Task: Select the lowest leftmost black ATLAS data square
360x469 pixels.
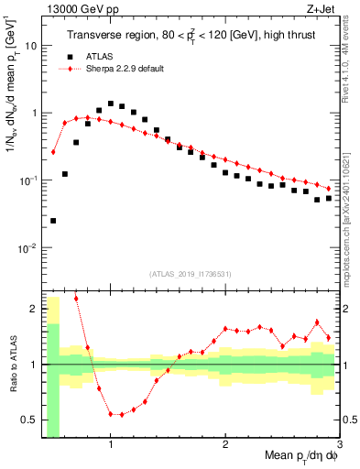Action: click(x=53, y=221)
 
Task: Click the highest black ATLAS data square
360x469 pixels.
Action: click(x=111, y=104)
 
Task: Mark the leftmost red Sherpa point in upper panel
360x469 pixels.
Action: click(x=53, y=152)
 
